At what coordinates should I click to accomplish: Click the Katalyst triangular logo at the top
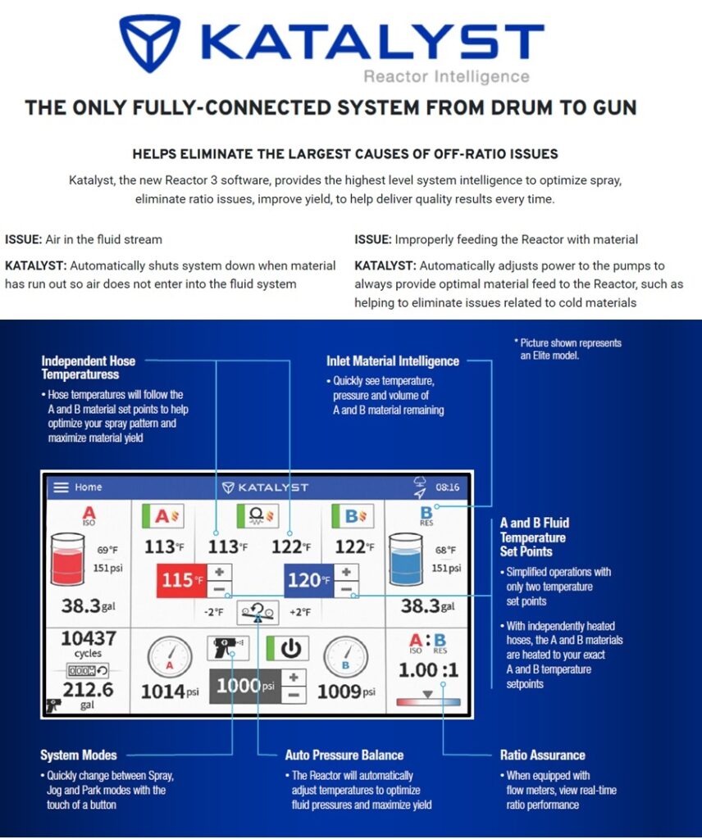pos(149,43)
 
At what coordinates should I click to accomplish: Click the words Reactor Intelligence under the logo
pos(446,77)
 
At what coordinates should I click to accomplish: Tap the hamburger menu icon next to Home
pos(62,488)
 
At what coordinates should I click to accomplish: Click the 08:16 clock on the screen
pos(447,488)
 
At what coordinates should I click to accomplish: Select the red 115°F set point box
pos(180,581)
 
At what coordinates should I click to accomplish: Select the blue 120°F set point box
pos(308,581)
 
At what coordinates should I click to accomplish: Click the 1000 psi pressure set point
pos(246,686)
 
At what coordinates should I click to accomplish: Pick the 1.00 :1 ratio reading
pos(427,671)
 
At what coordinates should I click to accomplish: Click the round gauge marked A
pos(170,658)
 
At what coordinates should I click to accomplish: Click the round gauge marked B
pos(345,657)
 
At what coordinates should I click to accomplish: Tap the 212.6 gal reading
pos(89,691)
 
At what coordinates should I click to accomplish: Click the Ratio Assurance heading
pos(542,755)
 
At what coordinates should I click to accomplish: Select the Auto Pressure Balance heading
pos(344,755)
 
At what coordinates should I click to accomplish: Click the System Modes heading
pos(79,755)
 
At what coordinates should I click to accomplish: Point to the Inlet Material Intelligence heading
pos(392,361)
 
